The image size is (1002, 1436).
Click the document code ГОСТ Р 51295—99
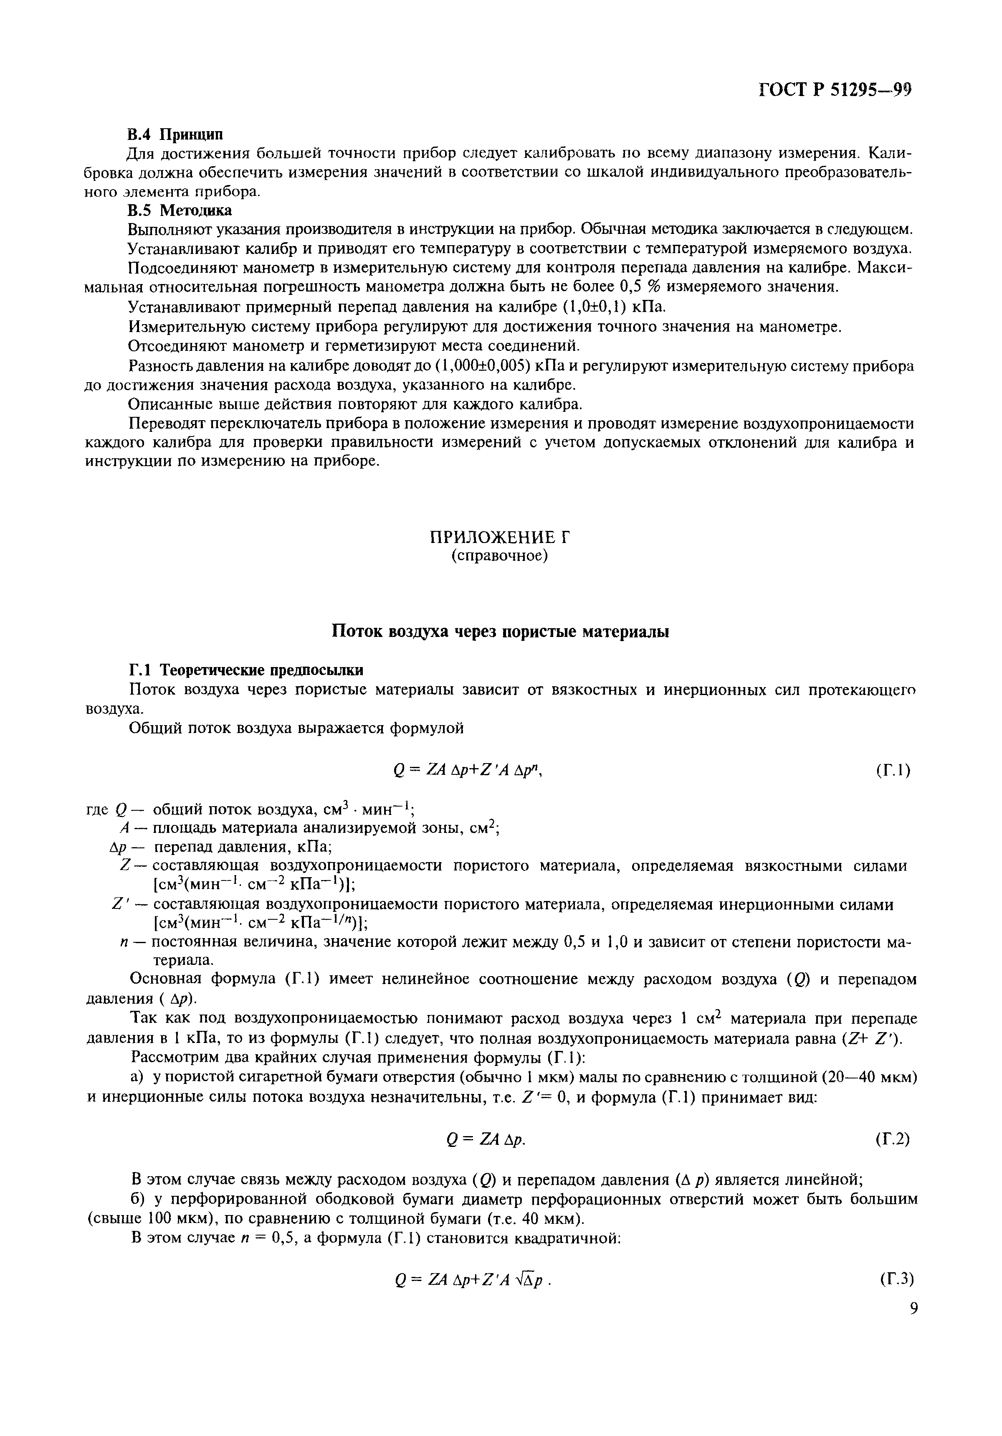tap(835, 90)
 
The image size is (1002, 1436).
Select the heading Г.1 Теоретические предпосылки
tap(245, 670)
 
